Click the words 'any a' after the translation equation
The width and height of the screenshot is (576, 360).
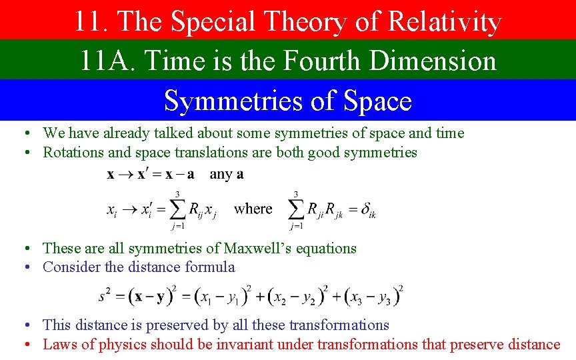[x=227, y=175]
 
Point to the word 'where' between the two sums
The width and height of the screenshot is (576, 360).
[x=253, y=209]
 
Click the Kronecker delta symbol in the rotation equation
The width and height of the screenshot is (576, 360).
[x=366, y=210]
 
